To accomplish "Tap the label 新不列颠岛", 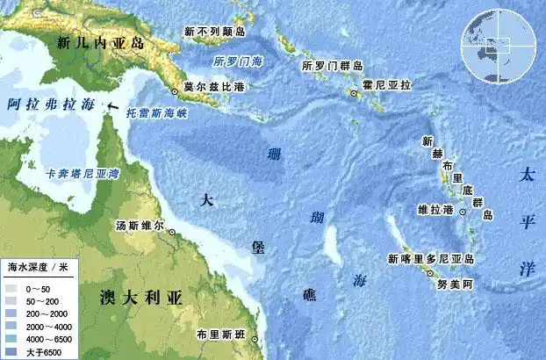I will coord(215,32).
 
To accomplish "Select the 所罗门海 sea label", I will coord(238,61).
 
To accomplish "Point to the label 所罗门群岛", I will coord(332,66).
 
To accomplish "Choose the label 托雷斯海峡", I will coord(158,113).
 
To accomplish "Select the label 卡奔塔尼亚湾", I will coord(83,174).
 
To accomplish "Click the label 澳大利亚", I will coord(140,297).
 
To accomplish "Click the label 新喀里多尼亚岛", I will coord(431,259).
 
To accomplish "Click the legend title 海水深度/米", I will coord(38,265).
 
